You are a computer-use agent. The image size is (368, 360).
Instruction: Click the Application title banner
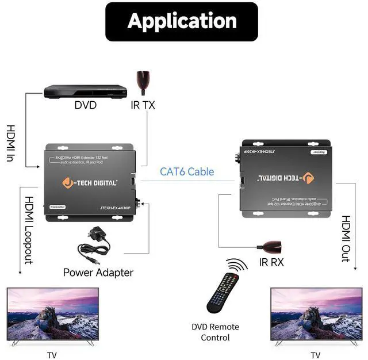tap(182, 22)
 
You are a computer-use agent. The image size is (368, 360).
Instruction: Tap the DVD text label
tap(85, 105)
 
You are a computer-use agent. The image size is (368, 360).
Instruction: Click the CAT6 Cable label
tap(186, 171)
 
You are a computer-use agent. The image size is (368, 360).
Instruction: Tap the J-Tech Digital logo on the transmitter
tap(90, 183)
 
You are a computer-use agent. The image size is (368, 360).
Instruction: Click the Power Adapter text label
tap(98, 273)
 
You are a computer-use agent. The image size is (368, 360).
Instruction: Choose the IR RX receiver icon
tap(270, 248)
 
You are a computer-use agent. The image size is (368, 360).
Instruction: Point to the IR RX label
tap(271, 263)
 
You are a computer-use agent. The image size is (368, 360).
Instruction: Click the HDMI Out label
tap(346, 239)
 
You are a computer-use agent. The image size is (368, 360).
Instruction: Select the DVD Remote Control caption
tap(215, 332)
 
